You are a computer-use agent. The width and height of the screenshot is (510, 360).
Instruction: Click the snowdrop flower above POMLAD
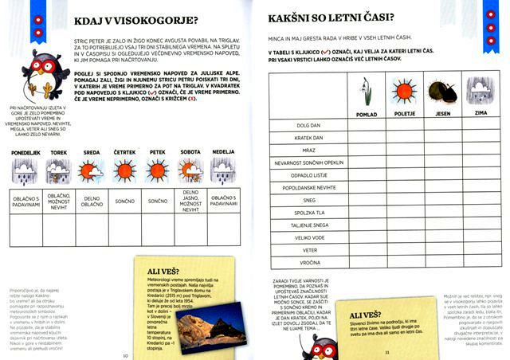[367, 92]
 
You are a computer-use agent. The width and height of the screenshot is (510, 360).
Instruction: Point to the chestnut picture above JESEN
[440, 90]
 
